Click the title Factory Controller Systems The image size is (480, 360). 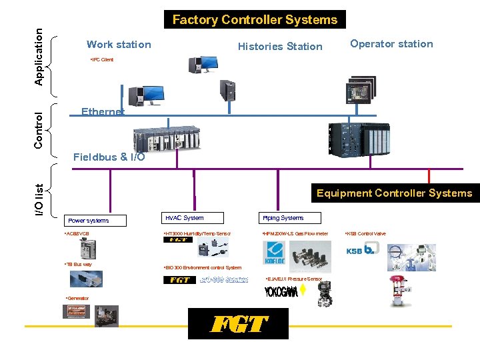click(255, 19)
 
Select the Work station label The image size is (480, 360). click(119, 45)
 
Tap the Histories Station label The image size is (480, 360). click(280, 46)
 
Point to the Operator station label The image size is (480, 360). click(391, 44)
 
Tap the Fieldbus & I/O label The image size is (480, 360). click(109, 157)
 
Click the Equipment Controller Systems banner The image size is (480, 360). click(394, 193)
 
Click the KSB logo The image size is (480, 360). click(363, 250)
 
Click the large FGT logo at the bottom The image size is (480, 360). click(239, 325)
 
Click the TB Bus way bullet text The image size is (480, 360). click(78, 265)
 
